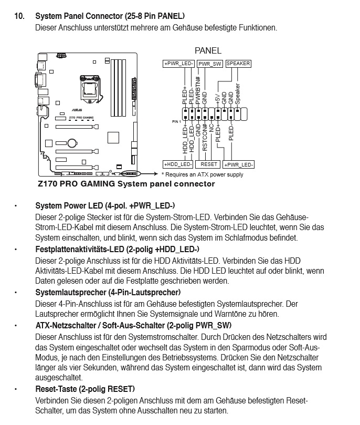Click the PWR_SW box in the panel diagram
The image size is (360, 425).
click(210, 64)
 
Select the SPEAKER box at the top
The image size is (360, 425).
click(238, 64)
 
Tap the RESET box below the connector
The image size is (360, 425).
click(209, 164)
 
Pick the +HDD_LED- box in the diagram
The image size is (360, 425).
click(178, 164)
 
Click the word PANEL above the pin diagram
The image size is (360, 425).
click(208, 51)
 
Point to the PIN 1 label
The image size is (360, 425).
click(176, 121)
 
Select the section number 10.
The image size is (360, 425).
click(19, 16)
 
